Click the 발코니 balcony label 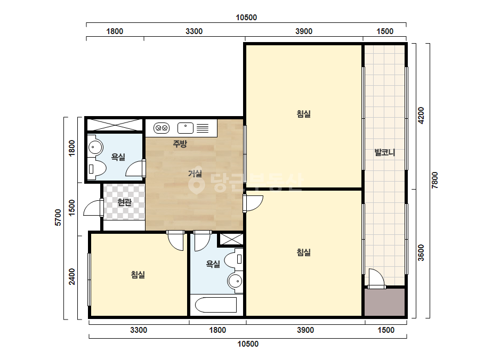(385, 153)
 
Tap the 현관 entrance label (125, 202)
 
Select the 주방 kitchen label (180, 144)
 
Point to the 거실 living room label (195, 173)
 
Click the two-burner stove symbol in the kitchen (162, 128)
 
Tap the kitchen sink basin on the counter (185, 128)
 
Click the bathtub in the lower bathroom (216, 305)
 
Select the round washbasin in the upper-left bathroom (95, 147)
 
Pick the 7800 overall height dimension (434, 181)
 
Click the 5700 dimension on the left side (58, 217)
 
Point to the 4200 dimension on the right (421, 116)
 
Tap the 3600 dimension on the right (421, 253)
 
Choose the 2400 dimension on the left (72, 276)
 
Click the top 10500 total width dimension (246, 18)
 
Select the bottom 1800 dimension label (217, 330)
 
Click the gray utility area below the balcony (384, 302)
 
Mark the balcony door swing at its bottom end (384, 286)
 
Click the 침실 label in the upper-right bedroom (304, 113)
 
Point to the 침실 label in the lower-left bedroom (138, 275)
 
